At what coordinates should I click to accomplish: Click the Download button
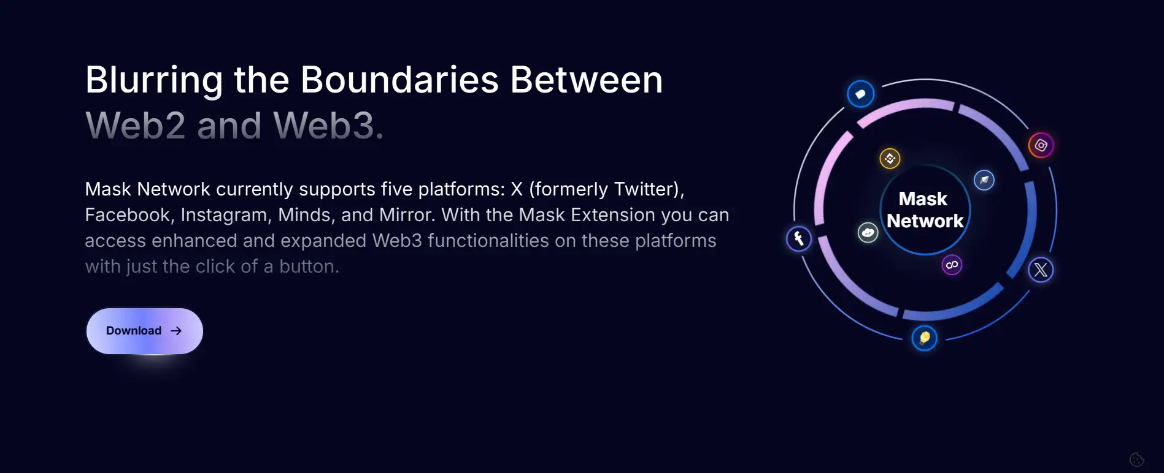(x=145, y=331)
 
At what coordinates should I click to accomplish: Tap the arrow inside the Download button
(x=176, y=331)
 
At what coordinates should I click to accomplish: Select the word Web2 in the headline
(x=135, y=126)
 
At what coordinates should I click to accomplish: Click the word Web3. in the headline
(x=328, y=126)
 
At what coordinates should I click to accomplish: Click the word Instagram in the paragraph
(x=226, y=215)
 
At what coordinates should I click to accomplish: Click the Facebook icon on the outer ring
(x=799, y=238)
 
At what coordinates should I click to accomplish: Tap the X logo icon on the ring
(x=1041, y=270)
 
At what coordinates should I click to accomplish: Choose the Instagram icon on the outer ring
(x=1041, y=145)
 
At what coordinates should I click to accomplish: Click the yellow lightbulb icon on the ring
(x=924, y=338)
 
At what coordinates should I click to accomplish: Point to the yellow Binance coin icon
(x=890, y=159)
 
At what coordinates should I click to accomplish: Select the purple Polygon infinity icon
(x=952, y=265)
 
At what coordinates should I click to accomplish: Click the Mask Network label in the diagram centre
(x=925, y=210)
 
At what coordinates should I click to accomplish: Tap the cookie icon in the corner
(x=1137, y=459)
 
